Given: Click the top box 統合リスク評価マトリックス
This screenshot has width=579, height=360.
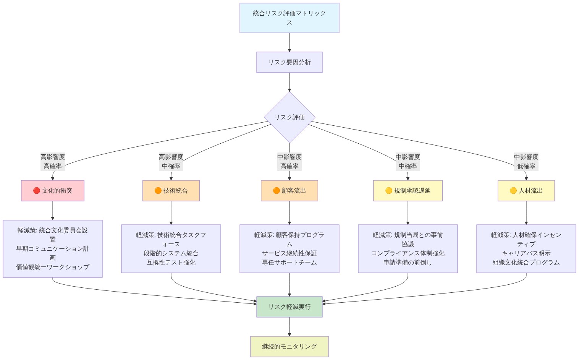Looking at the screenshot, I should pyautogui.click(x=289, y=18).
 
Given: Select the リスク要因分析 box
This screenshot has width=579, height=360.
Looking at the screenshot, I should pyautogui.click(x=289, y=62).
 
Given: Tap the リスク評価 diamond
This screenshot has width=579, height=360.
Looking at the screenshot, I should pyautogui.click(x=289, y=117).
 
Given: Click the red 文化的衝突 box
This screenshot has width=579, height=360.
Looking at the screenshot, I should pyautogui.click(x=53, y=191).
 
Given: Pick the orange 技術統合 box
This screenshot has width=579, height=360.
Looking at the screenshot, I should pyautogui.click(x=171, y=191).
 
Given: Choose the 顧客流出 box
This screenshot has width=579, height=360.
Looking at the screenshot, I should pyautogui.click(x=289, y=191).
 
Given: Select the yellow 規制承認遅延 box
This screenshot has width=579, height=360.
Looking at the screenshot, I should pyautogui.click(x=408, y=191).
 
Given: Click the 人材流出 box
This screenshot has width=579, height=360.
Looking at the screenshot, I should pyautogui.click(x=526, y=191).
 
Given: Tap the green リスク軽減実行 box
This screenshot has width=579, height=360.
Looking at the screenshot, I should pyautogui.click(x=289, y=307).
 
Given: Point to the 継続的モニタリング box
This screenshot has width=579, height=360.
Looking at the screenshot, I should pyautogui.click(x=289, y=347).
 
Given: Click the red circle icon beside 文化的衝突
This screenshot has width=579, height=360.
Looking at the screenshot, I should pyautogui.click(x=37, y=191).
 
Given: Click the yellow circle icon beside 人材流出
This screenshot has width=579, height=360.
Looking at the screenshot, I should pyautogui.click(x=513, y=191).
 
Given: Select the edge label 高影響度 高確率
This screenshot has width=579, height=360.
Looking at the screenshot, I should pyautogui.click(x=53, y=162).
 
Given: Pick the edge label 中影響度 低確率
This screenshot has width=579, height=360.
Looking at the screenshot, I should pyautogui.click(x=526, y=162).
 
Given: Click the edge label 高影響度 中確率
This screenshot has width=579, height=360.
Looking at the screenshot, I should pyautogui.click(x=171, y=162).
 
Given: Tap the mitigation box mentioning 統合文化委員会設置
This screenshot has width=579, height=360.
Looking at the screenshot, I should pyautogui.click(x=53, y=249).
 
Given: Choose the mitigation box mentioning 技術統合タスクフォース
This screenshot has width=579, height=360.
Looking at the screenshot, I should pyautogui.click(x=171, y=249).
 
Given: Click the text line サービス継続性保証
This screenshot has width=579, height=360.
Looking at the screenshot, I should pyautogui.click(x=289, y=253).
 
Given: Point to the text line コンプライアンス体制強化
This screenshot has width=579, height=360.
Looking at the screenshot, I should pyautogui.click(x=408, y=253).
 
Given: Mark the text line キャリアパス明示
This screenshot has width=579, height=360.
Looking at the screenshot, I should pyautogui.click(x=526, y=253).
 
